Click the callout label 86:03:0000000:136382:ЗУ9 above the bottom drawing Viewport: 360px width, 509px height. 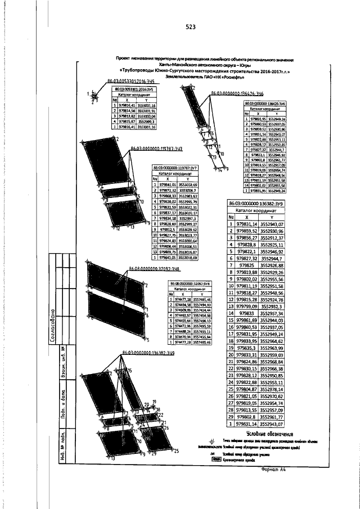tap(148, 352)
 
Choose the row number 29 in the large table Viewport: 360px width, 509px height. tap(231, 417)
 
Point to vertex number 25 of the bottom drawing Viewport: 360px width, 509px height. tap(175, 451)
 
